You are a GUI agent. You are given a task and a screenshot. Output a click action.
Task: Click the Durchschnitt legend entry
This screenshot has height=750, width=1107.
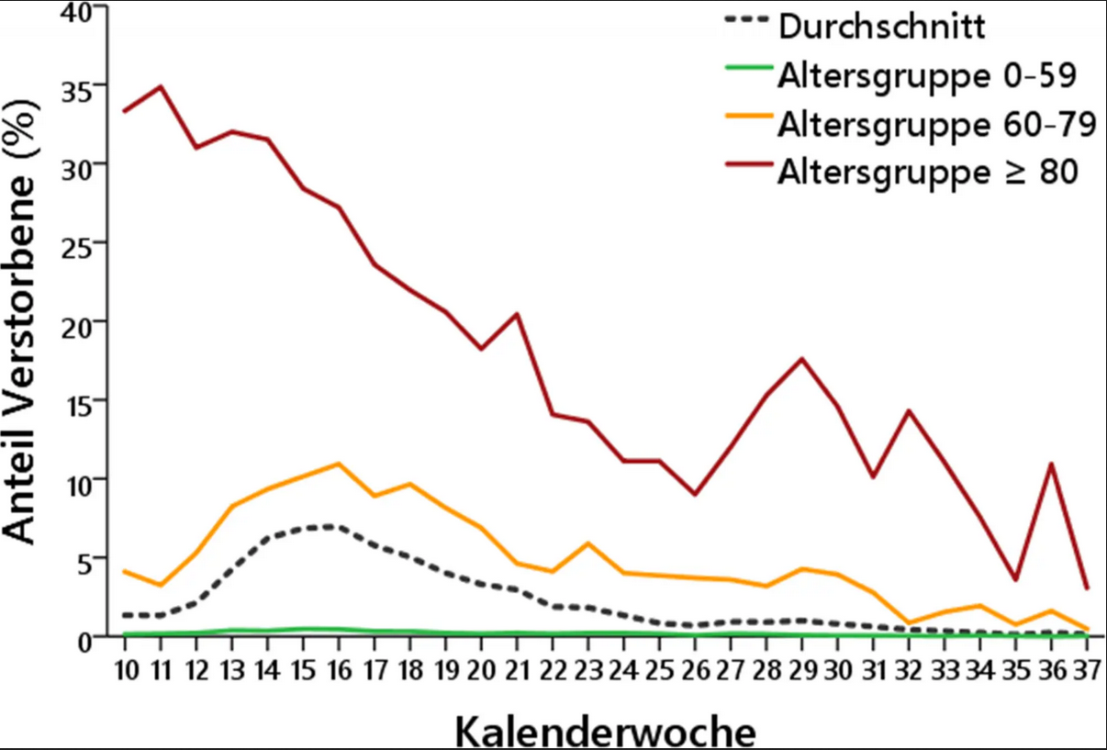pos(881,26)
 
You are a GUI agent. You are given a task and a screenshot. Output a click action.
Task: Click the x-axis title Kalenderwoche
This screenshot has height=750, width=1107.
pos(606,732)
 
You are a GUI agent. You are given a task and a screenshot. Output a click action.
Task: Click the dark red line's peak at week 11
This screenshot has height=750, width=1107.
pos(161,87)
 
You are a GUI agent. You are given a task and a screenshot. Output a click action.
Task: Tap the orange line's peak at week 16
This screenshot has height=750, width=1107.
pos(339,464)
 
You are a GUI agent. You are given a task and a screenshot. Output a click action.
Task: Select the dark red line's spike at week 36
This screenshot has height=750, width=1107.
pos(1051,464)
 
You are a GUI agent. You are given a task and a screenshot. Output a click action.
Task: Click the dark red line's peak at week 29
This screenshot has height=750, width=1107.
pos(801,359)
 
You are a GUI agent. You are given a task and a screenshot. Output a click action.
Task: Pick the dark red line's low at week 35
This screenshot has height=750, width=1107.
pos(1015,579)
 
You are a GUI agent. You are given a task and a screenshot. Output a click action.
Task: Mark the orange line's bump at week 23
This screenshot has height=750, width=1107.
pos(587,543)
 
